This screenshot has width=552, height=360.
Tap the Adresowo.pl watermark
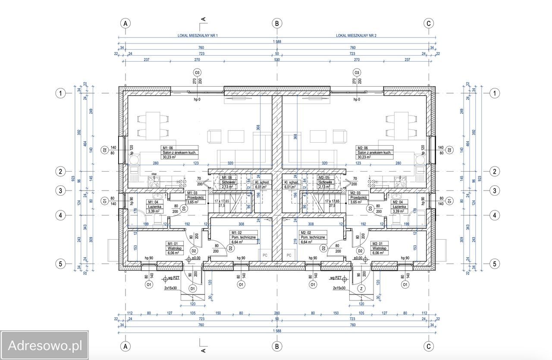coord(45,345)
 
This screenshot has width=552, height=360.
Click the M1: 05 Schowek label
coord(229,180)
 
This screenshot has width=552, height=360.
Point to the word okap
coord(154,174)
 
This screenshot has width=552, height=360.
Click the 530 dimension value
coord(277,59)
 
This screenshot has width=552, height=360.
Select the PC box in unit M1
coord(265,255)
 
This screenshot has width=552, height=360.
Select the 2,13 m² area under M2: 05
coord(325,187)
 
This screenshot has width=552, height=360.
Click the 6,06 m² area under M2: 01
coord(379,253)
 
